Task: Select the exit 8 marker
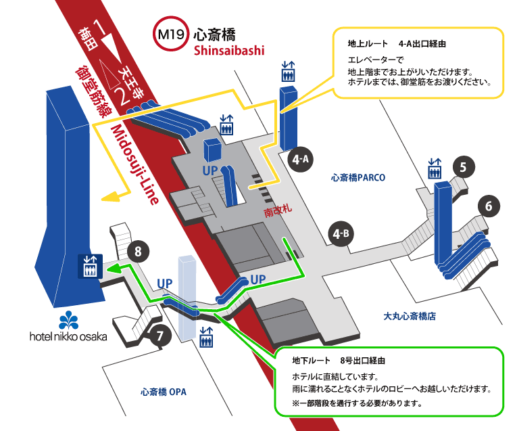coord(138,252)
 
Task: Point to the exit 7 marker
coord(159,334)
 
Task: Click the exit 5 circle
coord(462,166)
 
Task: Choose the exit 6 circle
coord(488,206)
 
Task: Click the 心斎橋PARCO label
coord(358,179)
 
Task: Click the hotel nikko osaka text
coord(68,336)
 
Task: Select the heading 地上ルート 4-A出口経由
coord(397,43)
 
